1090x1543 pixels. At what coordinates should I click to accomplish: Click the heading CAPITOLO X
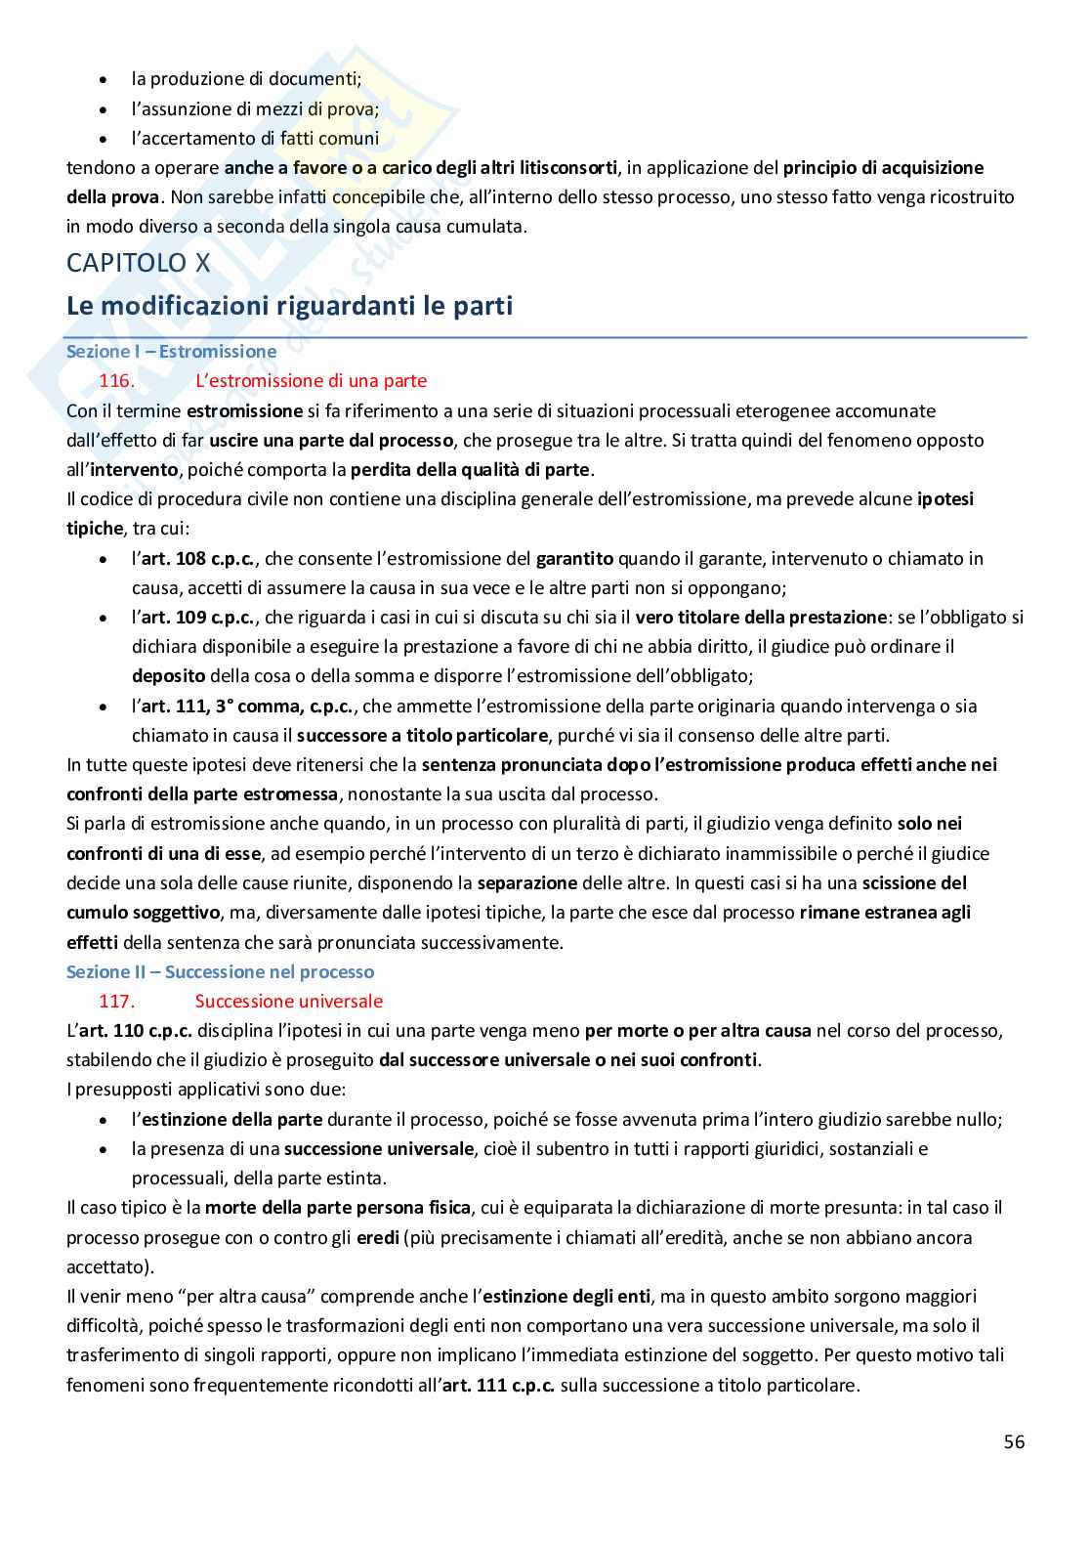point(138,262)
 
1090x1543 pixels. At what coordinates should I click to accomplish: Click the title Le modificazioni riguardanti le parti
point(289,306)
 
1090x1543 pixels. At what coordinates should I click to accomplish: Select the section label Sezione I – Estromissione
point(171,351)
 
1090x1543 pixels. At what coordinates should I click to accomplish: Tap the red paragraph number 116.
point(116,380)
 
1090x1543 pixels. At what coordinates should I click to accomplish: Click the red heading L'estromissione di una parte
point(311,380)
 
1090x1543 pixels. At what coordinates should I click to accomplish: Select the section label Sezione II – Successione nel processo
point(220,971)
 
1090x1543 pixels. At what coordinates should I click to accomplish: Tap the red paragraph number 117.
point(116,1001)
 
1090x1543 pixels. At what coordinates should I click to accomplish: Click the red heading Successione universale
point(288,1001)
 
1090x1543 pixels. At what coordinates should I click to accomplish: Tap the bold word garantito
point(574,558)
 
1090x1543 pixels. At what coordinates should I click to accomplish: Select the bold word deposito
point(168,675)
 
